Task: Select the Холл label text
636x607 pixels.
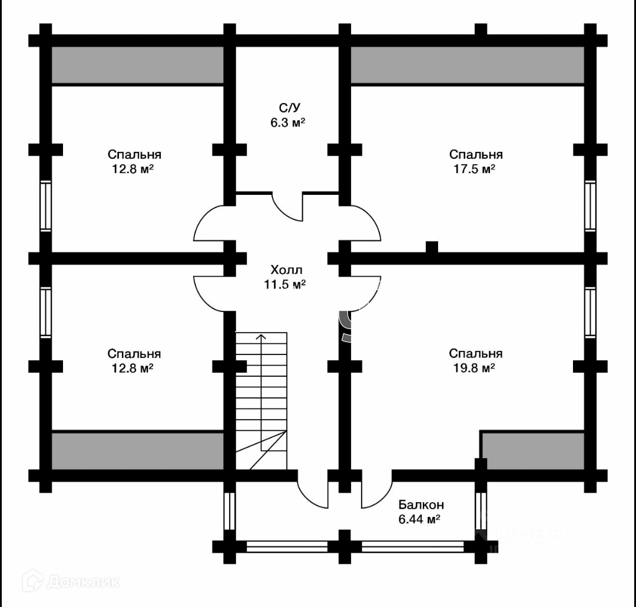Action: tap(286, 270)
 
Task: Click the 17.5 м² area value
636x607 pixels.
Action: tap(476, 169)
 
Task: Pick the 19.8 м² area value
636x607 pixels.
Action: tap(476, 368)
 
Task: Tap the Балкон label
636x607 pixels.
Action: tap(421, 505)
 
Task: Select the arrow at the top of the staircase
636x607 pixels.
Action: tap(261, 337)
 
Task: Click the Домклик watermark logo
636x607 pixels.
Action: tap(70, 582)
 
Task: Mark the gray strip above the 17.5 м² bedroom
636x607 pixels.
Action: tap(468, 65)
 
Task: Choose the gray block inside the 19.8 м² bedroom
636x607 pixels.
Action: tap(534, 451)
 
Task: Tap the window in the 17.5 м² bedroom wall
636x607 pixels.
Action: tap(590, 206)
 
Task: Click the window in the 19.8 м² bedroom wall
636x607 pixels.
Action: tap(590, 312)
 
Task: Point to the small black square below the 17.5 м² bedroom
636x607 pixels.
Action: tap(432, 247)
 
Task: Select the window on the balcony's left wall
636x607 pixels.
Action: tap(230, 511)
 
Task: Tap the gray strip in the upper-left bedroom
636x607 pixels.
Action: tap(138, 65)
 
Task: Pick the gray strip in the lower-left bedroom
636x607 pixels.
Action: tap(138, 451)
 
